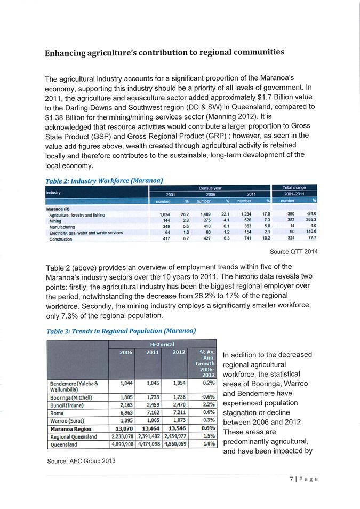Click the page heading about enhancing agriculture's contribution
point(164,53)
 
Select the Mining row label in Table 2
point(55,220)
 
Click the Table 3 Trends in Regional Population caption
point(121,331)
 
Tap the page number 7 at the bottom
point(291,479)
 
